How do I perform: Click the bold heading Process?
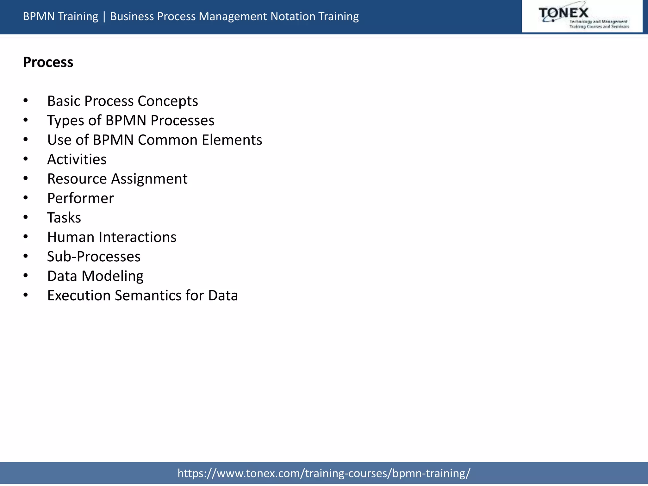pyautogui.click(x=48, y=62)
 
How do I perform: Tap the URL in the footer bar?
pyautogui.click(x=324, y=473)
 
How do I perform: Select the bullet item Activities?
pyautogui.click(x=77, y=159)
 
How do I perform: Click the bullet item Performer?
pyautogui.click(x=80, y=198)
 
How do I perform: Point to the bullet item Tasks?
pyautogui.click(x=64, y=218)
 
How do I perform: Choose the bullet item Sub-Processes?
pyautogui.click(x=94, y=256)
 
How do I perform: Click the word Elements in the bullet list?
pyautogui.click(x=232, y=140)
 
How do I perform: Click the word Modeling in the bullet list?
pyautogui.click(x=113, y=276)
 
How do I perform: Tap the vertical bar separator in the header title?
pyautogui.click(x=104, y=16)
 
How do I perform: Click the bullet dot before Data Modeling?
pyautogui.click(x=26, y=276)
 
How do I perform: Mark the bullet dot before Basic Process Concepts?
pyautogui.click(x=26, y=101)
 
